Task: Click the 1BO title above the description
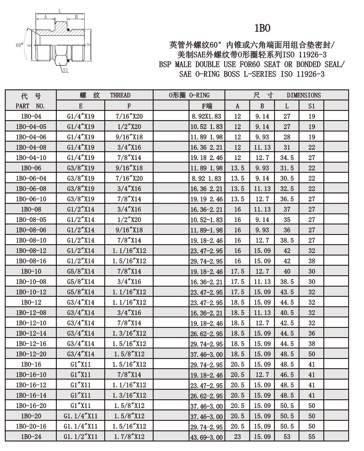tap(262, 28)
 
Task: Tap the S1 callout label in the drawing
tap(66, 70)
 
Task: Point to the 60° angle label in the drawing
tap(19, 45)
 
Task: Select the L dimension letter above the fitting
tap(60, 11)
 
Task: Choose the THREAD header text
tap(120, 95)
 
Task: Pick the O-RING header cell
tap(189, 95)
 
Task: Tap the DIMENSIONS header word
tap(304, 95)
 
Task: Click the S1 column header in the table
tap(311, 106)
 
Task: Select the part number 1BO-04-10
tap(31, 158)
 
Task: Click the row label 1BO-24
tap(31, 437)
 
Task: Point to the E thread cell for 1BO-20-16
tap(81, 426)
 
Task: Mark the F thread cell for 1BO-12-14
tap(129, 333)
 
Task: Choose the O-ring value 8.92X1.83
tap(206, 116)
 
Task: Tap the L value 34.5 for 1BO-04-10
tap(287, 158)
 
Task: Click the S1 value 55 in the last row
tap(311, 437)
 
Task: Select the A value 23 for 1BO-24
tap(237, 437)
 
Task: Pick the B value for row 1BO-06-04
tap(262, 178)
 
